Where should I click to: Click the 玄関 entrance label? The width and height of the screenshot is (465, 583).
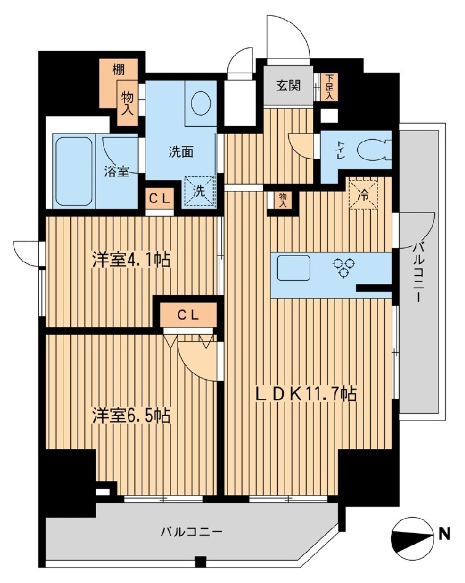coord(288,86)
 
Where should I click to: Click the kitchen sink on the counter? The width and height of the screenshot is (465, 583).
coord(294,268)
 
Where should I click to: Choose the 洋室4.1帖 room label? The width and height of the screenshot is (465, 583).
coord(131,260)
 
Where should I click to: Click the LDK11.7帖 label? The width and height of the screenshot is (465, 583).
coord(306,394)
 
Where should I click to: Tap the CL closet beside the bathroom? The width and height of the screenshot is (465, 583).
coord(160,199)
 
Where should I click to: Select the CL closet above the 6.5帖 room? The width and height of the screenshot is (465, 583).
coord(188,315)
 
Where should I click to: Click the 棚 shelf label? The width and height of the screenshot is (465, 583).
coord(119,70)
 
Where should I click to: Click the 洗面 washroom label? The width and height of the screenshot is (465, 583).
coord(181,152)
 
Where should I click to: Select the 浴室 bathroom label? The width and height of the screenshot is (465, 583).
coord(116,172)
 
